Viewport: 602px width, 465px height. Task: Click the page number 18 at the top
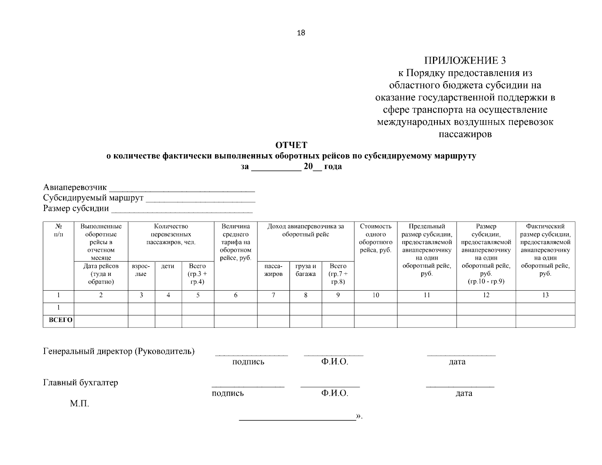pyautogui.click(x=301, y=33)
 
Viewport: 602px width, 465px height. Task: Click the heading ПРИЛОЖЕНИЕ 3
pyautogui.click(x=465, y=60)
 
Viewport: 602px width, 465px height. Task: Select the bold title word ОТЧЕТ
pyautogui.click(x=291, y=145)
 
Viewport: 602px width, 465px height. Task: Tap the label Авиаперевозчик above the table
pyautogui.click(x=75, y=188)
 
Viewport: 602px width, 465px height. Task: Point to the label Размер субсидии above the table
pyautogui.click(x=76, y=209)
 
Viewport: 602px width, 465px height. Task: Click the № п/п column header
pyautogui.click(x=58, y=230)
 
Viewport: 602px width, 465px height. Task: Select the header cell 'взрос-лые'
pyautogui.click(x=141, y=270)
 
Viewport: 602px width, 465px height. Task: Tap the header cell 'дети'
pyautogui.click(x=168, y=266)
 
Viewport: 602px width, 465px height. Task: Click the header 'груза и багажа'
pyautogui.click(x=305, y=270)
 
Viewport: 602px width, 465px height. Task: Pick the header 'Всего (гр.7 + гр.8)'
pyautogui.click(x=338, y=274)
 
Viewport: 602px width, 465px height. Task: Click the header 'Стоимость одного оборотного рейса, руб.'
pyautogui.click(x=375, y=238)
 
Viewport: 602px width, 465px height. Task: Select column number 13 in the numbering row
pyautogui.click(x=545, y=295)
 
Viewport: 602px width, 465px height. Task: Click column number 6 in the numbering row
pyautogui.click(x=235, y=295)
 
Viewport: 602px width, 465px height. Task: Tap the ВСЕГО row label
pyautogui.click(x=58, y=320)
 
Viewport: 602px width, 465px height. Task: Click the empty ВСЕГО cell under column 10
pyautogui.click(x=375, y=321)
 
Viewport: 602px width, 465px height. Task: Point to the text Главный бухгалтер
pyautogui.click(x=80, y=382)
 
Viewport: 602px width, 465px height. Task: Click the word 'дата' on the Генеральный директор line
pyautogui.click(x=457, y=362)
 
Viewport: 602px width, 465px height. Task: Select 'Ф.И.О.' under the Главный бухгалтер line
pyautogui.click(x=334, y=393)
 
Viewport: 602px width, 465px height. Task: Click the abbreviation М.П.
pyautogui.click(x=79, y=404)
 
